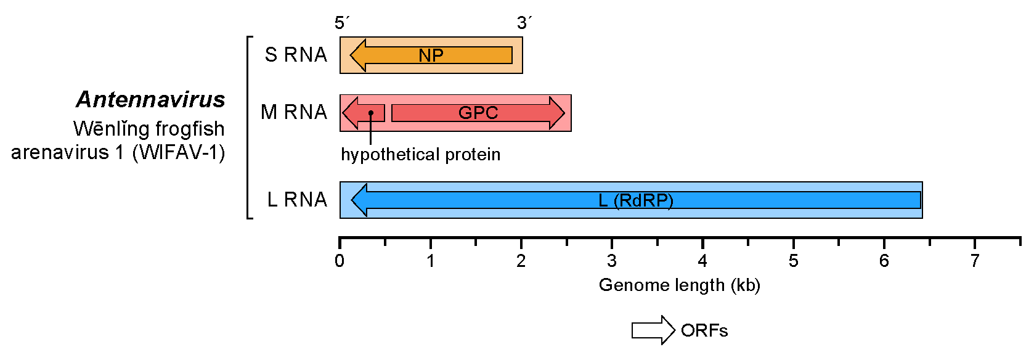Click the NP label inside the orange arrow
[431, 55]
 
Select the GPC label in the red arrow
[478, 113]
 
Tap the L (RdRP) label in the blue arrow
[636, 200]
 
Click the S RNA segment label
[296, 54]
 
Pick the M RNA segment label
[294, 112]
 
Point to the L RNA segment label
[297, 200]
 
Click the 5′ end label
[342, 23]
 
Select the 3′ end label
[524, 23]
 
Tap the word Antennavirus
[150, 99]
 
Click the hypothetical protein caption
[420, 155]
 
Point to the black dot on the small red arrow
[371, 113]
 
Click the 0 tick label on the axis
[340, 261]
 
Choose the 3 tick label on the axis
[612, 261]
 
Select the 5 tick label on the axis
[793, 261]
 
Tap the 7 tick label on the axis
[974, 261]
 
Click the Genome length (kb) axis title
[680, 285]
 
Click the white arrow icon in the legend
[653, 330]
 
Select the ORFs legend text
[704, 330]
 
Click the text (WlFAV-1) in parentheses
[179, 152]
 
